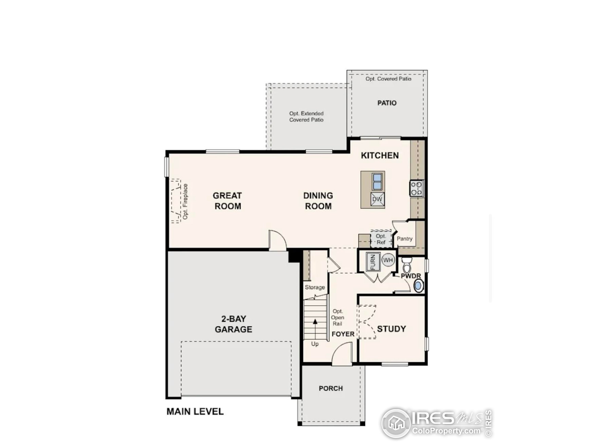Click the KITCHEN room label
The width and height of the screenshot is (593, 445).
click(x=380, y=156)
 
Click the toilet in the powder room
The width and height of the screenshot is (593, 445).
click(x=407, y=265)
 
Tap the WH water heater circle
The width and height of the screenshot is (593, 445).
click(x=388, y=260)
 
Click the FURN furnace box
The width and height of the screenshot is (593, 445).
click(x=373, y=261)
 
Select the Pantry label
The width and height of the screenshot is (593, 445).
click(x=404, y=238)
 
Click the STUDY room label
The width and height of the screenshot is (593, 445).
click(x=391, y=329)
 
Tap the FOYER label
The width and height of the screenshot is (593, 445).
click(x=343, y=334)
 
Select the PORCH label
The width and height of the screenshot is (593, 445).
click(x=331, y=388)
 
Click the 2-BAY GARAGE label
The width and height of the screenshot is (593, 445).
click(x=233, y=324)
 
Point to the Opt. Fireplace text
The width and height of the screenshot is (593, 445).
click(x=185, y=201)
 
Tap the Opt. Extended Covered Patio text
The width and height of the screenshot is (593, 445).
click(x=306, y=117)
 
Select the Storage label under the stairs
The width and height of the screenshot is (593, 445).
click(x=315, y=287)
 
